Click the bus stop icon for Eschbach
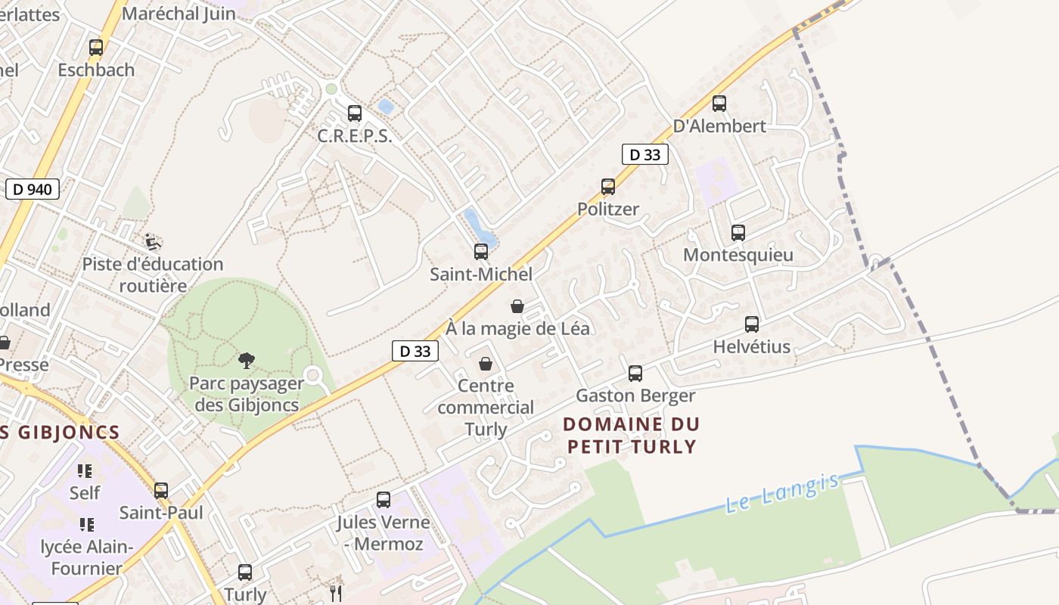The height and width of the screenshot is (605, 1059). (96, 47)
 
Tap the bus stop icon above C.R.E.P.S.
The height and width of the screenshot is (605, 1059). (355, 113)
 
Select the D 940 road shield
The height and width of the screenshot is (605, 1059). (33, 189)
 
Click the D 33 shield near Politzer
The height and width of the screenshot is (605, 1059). (644, 154)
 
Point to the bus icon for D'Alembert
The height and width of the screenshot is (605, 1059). (719, 104)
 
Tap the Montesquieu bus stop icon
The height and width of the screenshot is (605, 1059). (738, 233)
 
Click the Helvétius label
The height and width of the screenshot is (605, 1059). (751, 347)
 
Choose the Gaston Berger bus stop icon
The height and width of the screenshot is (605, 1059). (635, 374)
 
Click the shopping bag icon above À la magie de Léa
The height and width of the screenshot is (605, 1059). (517, 306)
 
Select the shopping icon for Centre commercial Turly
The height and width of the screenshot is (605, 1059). (486, 364)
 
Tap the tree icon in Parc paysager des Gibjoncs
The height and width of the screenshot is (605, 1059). (246, 361)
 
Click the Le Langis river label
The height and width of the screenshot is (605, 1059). (782, 492)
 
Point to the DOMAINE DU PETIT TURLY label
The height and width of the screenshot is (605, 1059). (632, 435)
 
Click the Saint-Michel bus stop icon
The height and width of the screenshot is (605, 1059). (481, 252)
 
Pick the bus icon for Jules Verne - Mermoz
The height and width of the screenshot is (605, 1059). (384, 500)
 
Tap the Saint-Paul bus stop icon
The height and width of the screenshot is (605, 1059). (161, 491)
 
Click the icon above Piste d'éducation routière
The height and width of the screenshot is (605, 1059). (153, 242)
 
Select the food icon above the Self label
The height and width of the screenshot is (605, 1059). (85, 471)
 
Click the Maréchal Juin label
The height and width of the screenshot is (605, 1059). (179, 13)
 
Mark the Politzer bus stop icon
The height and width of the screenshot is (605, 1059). (608, 187)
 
